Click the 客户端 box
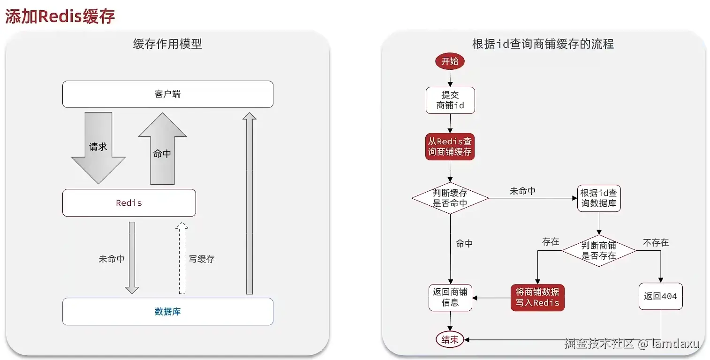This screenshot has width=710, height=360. [167, 94]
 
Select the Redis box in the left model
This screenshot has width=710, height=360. [129, 203]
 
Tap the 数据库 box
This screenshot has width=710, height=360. [167, 312]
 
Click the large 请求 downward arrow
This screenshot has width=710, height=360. [98, 147]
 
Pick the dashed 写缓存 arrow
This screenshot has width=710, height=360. [182, 258]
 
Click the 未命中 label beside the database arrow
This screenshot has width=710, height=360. [112, 259]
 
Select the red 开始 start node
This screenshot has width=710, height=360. [450, 61]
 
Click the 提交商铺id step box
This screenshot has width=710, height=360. [450, 100]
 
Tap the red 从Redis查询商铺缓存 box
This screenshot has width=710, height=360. [450, 147]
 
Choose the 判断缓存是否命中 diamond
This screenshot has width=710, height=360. [450, 198]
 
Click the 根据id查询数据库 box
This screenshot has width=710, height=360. [599, 198]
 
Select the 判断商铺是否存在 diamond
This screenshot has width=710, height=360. [599, 251]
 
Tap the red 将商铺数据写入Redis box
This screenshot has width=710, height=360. [537, 297]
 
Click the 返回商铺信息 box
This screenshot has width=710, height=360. [450, 297]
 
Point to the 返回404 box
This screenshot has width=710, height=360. [660, 296]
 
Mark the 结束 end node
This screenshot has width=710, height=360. [450, 340]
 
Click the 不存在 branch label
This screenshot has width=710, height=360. [656, 242]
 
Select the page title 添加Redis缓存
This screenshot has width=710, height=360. [60, 16]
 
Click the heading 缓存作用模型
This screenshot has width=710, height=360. [167, 44]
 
